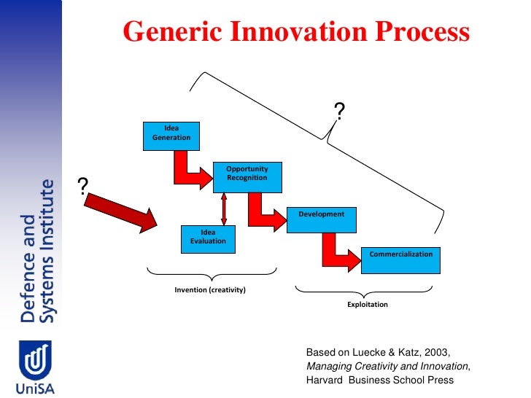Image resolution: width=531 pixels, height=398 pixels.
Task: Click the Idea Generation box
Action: pyautogui.click(x=171, y=133)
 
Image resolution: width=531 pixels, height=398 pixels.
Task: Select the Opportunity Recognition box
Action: pyautogui.click(x=247, y=175)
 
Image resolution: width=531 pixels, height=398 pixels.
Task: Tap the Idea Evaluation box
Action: pyautogui.click(x=208, y=238)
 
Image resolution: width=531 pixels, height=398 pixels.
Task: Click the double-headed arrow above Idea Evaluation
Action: pyautogui.click(x=224, y=208)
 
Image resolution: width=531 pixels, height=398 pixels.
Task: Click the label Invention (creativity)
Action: pyautogui.click(x=210, y=290)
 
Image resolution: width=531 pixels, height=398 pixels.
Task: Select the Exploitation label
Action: pyautogui.click(x=368, y=304)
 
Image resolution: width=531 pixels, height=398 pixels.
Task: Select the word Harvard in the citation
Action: pyautogui.click(x=326, y=380)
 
